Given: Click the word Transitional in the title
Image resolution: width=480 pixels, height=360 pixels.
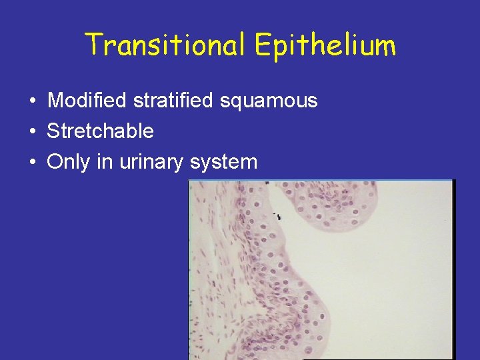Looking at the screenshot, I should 167,45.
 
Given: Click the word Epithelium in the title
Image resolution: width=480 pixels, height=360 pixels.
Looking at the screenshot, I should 325,46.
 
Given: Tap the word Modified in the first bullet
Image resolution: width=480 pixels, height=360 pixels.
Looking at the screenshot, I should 87,101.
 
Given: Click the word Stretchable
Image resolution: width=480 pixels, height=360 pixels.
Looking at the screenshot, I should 100,131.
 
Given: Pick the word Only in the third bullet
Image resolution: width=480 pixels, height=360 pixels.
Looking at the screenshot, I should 69,161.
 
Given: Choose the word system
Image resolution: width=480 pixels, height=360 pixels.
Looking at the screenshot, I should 223,162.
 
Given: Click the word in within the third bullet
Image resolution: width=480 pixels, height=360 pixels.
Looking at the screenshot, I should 104,161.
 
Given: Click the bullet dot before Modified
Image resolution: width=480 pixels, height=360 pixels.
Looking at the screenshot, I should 32,102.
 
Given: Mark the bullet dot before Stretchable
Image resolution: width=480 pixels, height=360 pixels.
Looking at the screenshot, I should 32,132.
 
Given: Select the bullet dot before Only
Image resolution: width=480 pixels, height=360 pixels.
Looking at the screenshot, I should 32,162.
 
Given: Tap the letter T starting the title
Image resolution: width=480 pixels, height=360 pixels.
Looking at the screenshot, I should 93,45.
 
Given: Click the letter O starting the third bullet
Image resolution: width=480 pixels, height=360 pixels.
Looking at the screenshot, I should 54,161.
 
